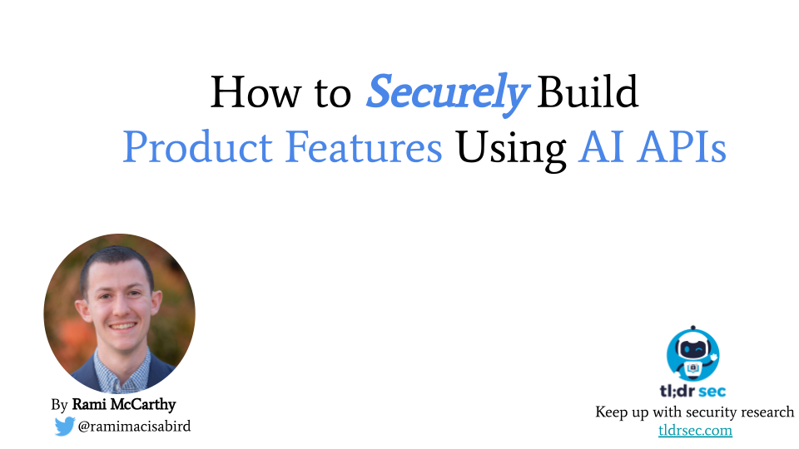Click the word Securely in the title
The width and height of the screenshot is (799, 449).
447,93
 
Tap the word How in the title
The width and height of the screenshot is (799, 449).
256,91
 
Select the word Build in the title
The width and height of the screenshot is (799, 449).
588,91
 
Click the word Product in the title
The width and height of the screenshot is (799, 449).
198,146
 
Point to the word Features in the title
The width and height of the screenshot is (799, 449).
364,146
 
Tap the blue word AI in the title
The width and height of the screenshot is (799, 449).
601,146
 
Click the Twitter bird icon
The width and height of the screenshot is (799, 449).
65,426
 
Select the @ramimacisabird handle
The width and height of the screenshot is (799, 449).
135,426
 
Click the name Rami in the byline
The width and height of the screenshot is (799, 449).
89,404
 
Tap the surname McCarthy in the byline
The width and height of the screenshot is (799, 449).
143,405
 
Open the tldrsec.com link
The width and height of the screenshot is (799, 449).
695,431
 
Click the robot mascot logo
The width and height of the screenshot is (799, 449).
693,353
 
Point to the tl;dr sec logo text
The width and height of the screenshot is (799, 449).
693,391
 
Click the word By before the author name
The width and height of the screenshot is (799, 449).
60,405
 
